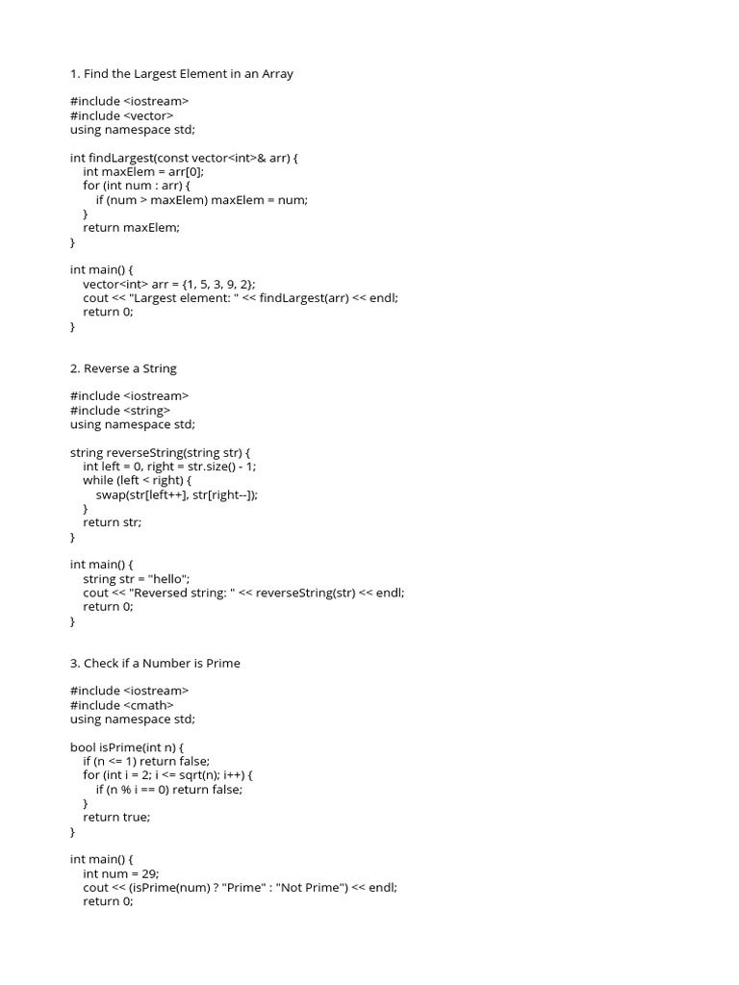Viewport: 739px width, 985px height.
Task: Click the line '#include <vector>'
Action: point(122,115)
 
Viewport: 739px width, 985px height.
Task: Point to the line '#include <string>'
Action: point(120,410)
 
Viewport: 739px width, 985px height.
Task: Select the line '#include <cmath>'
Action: point(122,705)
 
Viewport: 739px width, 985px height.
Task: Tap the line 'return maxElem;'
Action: point(131,227)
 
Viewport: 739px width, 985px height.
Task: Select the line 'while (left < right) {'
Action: point(138,480)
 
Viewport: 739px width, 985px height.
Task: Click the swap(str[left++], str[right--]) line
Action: point(178,494)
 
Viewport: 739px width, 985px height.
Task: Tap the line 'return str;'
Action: point(112,522)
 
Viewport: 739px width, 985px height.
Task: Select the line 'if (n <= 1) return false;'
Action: point(146,761)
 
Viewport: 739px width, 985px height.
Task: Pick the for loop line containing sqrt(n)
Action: point(167,774)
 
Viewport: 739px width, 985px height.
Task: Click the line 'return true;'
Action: point(116,817)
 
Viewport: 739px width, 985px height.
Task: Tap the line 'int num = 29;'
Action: point(121,873)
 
